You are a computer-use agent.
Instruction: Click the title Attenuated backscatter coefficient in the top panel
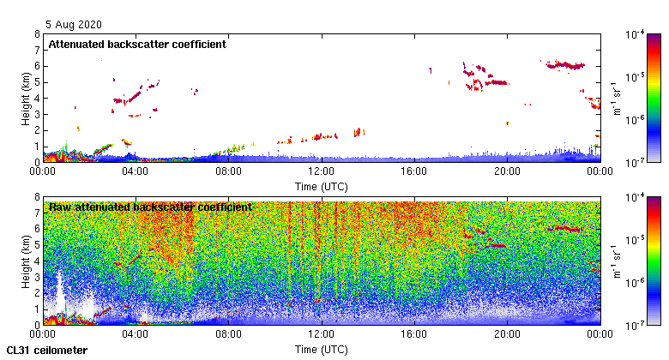point(137,44)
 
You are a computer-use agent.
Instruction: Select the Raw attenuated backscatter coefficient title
point(150,207)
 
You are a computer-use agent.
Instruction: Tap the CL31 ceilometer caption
point(47,350)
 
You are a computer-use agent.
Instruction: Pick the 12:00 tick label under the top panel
point(321,171)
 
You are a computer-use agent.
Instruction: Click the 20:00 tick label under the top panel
point(507,171)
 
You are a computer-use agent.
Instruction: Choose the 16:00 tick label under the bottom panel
point(414,334)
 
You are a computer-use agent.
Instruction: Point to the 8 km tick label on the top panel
point(37,34)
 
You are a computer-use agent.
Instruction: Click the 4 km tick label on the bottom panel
point(37,261)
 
